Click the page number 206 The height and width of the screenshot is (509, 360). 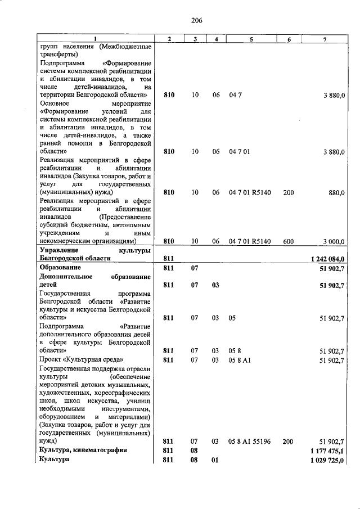[x=196, y=21]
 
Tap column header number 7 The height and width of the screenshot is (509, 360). [x=325, y=38]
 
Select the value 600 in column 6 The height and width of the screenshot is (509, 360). [x=288, y=241]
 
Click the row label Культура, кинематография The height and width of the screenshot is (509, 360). [x=83, y=450]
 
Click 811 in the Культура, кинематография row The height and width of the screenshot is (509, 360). [x=169, y=450]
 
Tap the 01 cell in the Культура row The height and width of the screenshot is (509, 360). [x=215, y=460]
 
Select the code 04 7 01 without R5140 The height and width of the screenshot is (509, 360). [x=239, y=151]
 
